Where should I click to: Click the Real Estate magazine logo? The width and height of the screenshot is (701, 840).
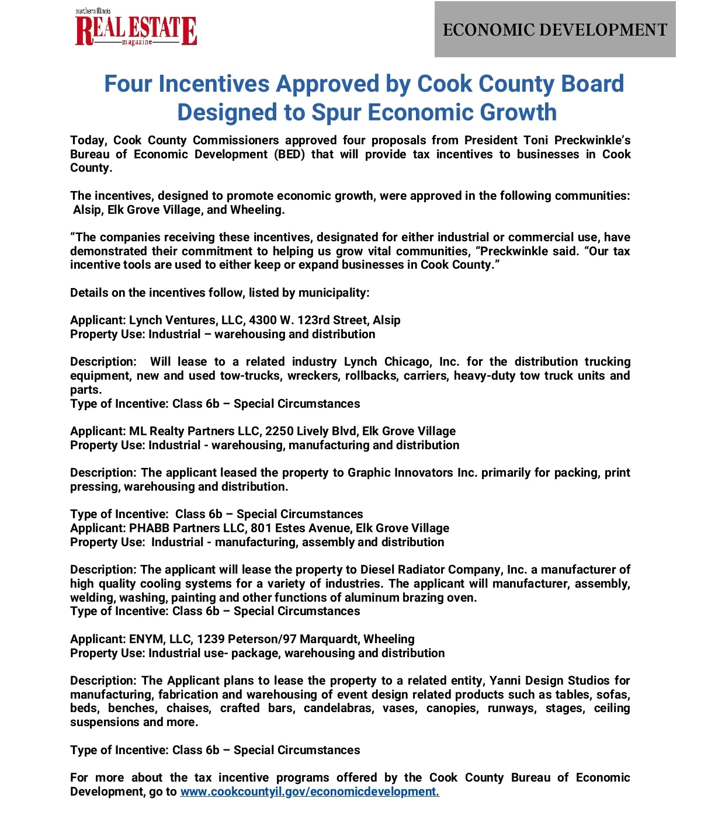click(136, 29)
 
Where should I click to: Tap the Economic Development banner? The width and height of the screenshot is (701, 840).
click(555, 30)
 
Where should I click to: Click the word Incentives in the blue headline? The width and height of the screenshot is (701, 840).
click(214, 84)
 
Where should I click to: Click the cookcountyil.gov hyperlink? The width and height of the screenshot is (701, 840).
click(310, 792)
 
